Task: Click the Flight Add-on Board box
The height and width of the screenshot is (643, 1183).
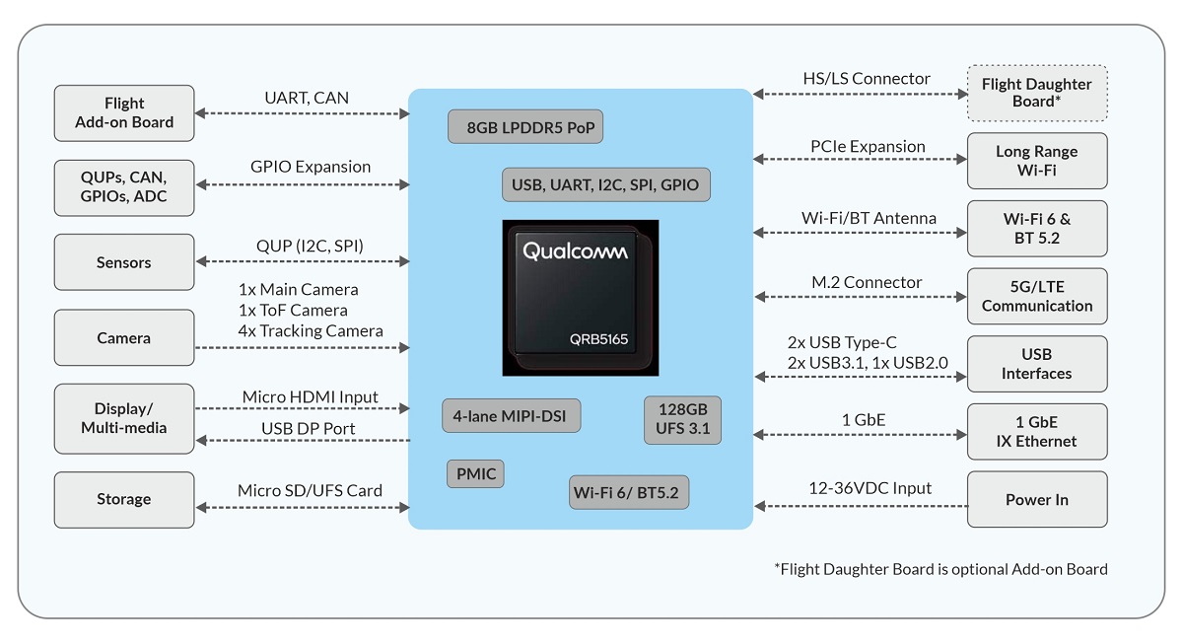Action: click(124, 113)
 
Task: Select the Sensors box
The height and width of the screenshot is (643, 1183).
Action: click(124, 262)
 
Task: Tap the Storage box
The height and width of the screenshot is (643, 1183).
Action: click(124, 499)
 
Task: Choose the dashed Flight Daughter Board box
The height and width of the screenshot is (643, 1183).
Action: click(1037, 93)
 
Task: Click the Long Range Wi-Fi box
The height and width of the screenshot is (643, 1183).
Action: click(1037, 161)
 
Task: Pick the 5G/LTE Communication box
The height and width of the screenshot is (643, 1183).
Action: click(1037, 296)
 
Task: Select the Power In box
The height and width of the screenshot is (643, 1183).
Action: click(1037, 499)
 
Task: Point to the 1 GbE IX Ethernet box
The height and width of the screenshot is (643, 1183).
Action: click(1037, 432)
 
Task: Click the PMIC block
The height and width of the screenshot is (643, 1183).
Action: click(475, 474)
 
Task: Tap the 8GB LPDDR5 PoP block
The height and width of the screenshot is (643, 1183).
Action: click(525, 127)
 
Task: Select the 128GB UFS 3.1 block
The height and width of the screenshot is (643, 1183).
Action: click(682, 420)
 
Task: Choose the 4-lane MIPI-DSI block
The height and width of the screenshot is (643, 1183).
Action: click(512, 416)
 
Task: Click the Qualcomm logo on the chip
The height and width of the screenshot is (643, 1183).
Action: click(575, 250)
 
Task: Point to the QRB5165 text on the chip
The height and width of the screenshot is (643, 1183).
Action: click(598, 339)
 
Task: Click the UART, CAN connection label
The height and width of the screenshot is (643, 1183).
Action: click(307, 98)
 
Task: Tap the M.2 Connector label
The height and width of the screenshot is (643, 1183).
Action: click(867, 282)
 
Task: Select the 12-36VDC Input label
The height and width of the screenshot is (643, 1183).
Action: click(870, 487)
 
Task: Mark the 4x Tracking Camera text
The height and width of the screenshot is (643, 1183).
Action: click(311, 330)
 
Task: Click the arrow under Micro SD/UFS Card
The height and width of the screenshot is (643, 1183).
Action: click(303, 508)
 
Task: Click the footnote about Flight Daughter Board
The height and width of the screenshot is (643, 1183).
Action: click(941, 569)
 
